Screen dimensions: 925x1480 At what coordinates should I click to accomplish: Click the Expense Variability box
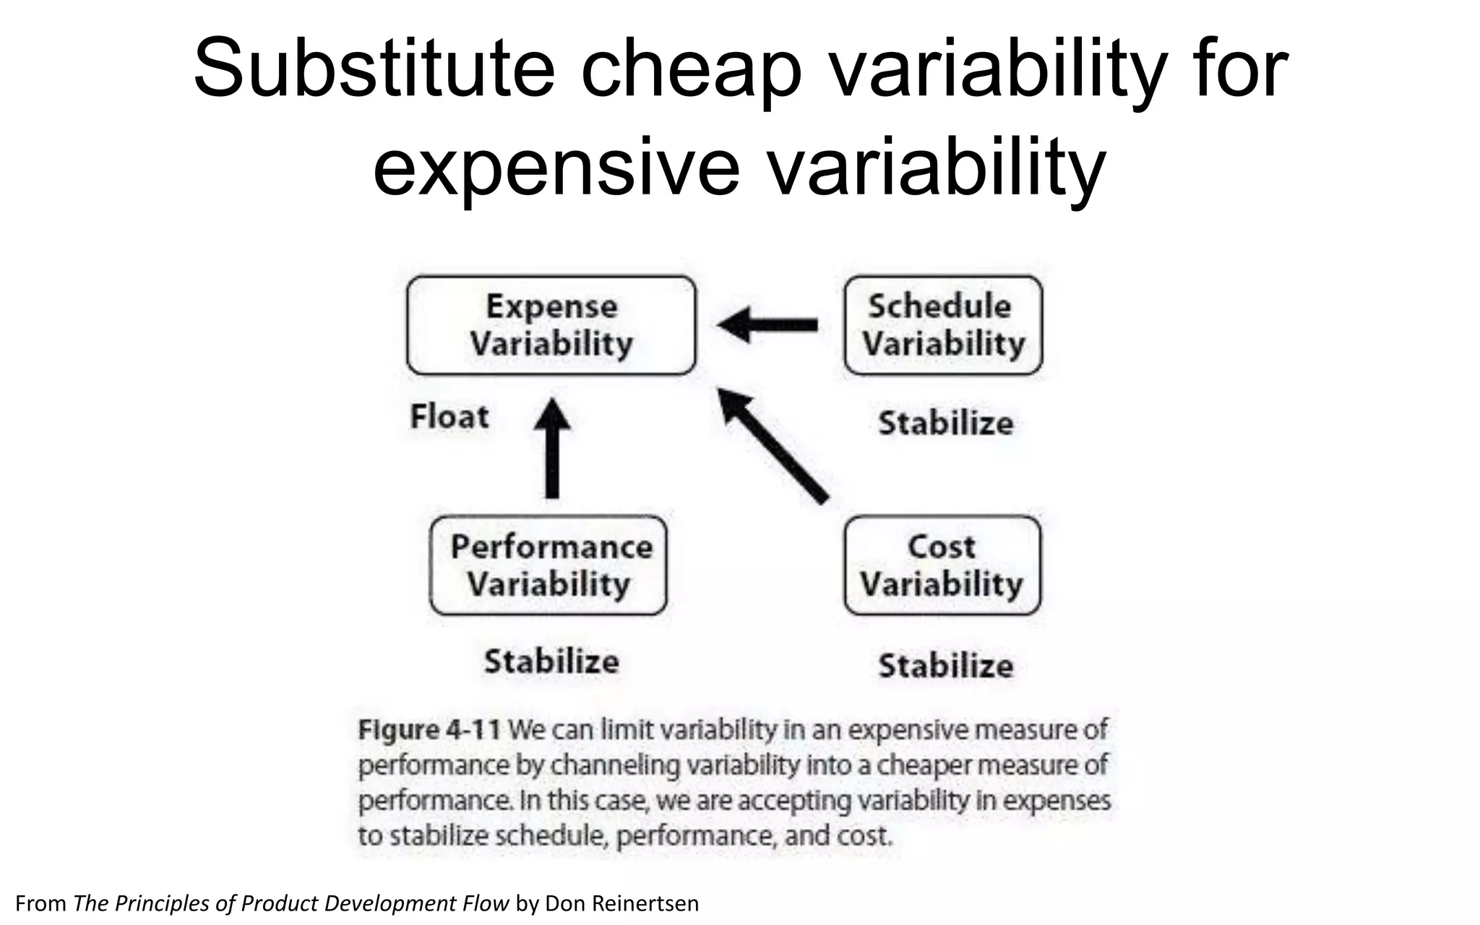coord(551,325)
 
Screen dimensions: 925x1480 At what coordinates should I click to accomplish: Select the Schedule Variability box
coord(943,325)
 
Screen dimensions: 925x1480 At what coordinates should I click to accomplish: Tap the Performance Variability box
coord(548,565)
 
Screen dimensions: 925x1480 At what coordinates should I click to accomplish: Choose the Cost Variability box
coord(942,565)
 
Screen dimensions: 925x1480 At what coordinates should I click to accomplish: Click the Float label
coord(449,417)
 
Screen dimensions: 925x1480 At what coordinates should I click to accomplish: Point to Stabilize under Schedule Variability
coord(945,423)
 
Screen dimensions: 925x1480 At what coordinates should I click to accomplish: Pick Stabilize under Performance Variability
coord(551,662)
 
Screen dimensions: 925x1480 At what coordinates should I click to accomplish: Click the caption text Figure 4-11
coord(429,730)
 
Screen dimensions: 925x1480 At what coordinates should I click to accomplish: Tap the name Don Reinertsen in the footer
coord(621,903)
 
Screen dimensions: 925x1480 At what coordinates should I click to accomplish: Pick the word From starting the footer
coord(40,903)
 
